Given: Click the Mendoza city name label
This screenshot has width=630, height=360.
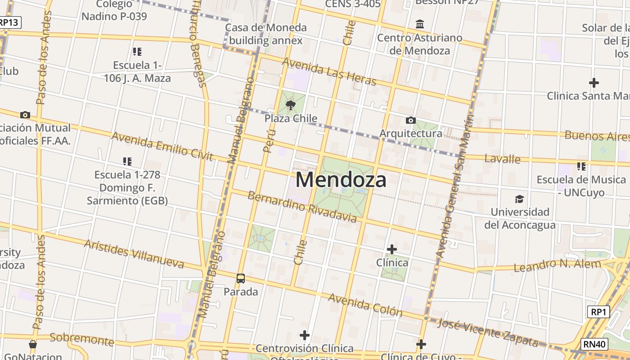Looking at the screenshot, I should tap(341, 180).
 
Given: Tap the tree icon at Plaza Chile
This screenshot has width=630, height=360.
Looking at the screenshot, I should tap(291, 105).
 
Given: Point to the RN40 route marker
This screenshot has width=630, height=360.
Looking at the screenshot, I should tap(594, 344).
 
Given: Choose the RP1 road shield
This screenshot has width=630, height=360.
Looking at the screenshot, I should tap(598, 312).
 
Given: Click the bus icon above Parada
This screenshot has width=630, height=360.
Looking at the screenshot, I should tap(241, 279).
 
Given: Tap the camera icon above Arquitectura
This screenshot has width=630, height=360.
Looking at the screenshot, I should tap(410, 120).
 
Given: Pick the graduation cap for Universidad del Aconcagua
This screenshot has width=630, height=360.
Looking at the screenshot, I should tap(520, 199).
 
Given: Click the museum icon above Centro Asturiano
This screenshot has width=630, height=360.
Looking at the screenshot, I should tap(420, 24).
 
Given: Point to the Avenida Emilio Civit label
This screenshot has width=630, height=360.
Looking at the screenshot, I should tap(162, 146).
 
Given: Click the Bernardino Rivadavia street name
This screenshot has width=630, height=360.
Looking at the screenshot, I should tap(302, 207).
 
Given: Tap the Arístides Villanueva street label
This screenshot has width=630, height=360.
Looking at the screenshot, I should tap(134, 254).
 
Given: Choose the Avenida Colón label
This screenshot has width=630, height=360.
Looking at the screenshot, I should tap(365, 305).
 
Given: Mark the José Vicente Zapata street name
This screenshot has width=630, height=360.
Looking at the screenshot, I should tap(488, 333).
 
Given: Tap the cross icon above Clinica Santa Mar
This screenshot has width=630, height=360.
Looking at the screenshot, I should tap(594, 83).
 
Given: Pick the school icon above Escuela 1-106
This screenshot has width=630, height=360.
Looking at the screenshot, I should tap(137, 52).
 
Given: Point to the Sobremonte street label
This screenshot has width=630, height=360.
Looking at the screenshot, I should tap(82, 339).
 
